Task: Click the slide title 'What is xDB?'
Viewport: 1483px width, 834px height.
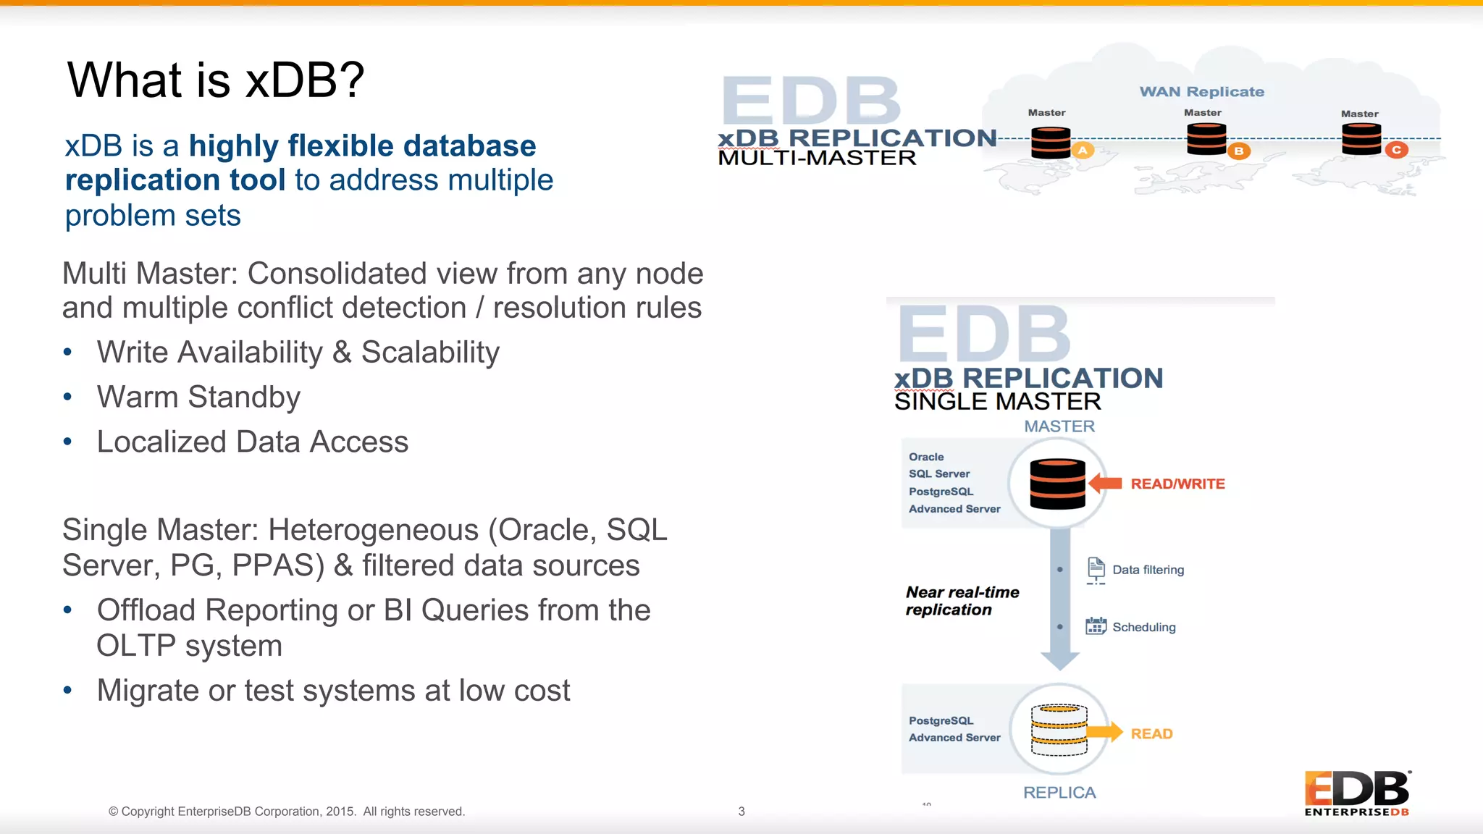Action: (216, 80)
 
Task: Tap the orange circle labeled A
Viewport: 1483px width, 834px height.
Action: (1083, 151)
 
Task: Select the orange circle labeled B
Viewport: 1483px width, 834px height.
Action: (1238, 151)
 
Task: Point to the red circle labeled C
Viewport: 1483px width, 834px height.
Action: (1396, 150)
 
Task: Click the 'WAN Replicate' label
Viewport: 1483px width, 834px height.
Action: (1201, 92)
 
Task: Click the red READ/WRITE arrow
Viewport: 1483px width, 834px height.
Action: (1105, 484)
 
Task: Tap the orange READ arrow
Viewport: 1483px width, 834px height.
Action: (1105, 732)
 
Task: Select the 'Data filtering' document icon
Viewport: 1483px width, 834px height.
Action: (1096, 570)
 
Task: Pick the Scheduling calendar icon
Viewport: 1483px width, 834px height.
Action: (1096, 626)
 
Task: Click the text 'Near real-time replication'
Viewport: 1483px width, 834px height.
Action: (962, 601)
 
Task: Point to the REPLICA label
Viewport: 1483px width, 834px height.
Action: (1059, 793)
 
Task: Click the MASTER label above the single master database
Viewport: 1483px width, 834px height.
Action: (1059, 426)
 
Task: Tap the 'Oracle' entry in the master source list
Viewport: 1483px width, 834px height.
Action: (926, 457)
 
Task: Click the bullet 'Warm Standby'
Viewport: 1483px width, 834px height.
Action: (198, 397)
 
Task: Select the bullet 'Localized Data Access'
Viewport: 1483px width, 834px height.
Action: (252, 442)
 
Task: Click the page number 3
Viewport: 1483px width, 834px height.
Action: (741, 812)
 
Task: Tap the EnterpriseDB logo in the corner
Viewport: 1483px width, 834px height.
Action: (1356, 793)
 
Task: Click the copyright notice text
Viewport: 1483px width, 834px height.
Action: (286, 812)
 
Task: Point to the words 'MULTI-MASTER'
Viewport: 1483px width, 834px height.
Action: (817, 158)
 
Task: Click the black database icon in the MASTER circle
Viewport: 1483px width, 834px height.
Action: (1057, 484)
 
